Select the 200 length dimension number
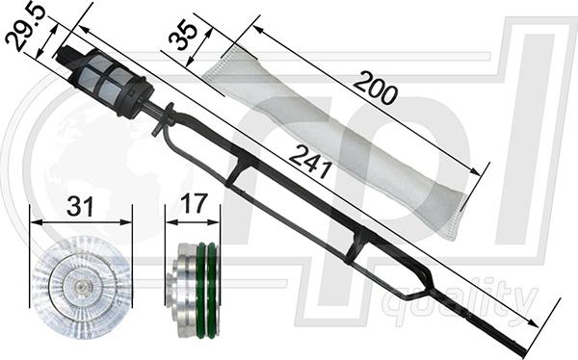pyautogui.click(x=376, y=88)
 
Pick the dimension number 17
pyautogui.click(x=193, y=204)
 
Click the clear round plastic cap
pyautogui.click(x=81, y=287)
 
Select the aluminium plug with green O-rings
pyautogui.click(x=192, y=290)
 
